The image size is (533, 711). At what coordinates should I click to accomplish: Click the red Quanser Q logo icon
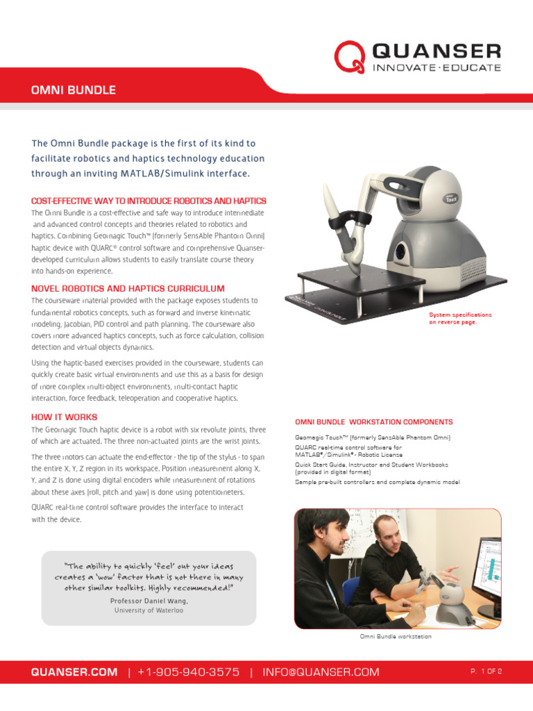tap(350, 57)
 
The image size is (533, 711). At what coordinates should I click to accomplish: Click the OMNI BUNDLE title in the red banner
tap(74, 90)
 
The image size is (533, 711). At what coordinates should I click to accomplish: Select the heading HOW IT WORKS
tap(64, 417)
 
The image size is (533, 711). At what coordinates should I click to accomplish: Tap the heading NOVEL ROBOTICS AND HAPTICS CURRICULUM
tap(128, 288)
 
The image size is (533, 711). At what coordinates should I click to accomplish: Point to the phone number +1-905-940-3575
tap(189, 671)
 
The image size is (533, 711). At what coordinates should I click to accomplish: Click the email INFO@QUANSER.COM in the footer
tap(321, 671)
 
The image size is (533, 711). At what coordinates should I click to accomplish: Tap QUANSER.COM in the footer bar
tap(74, 671)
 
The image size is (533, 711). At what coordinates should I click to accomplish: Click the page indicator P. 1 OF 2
tap(486, 671)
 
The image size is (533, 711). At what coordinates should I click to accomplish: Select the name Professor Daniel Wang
tap(149, 601)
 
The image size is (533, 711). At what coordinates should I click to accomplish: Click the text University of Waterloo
tap(149, 610)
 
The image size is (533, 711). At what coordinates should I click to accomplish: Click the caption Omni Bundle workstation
tap(396, 636)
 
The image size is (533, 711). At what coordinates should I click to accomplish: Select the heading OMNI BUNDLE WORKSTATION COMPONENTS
tap(374, 421)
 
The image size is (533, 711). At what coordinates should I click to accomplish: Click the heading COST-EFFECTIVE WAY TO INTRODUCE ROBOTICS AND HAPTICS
tap(149, 201)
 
